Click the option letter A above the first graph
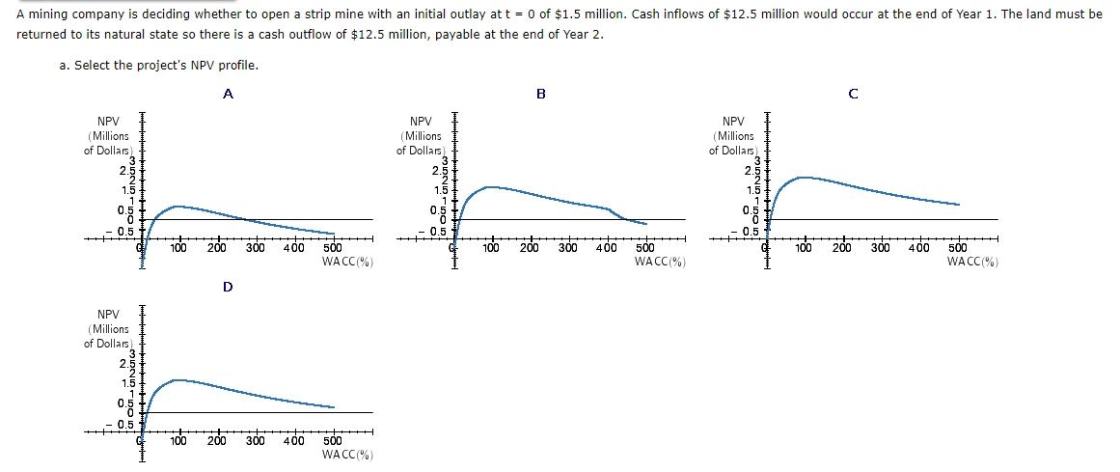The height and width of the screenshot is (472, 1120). click(x=228, y=94)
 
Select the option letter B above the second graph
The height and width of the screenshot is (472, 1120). click(x=540, y=94)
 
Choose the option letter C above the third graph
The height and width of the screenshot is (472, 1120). click(x=853, y=94)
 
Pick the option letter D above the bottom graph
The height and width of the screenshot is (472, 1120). click(x=228, y=287)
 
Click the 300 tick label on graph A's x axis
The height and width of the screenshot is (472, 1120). click(x=255, y=249)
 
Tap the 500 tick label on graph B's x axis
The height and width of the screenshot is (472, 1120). click(x=645, y=249)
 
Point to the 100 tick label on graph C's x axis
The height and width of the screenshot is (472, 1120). click(x=804, y=249)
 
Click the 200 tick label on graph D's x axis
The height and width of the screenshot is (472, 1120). click(x=216, y=442)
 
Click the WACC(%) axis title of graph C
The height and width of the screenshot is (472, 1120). click(x=972, y=262)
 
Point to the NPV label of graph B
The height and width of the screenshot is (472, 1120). click(x=421, y=122)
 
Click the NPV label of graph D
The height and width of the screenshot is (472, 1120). click(x=108, y=315)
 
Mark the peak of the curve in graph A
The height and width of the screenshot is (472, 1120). click(x=176, y=206)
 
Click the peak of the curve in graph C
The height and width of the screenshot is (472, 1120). click(x=801, y=177)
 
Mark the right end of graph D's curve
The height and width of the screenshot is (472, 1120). click(x=334, y=407)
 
